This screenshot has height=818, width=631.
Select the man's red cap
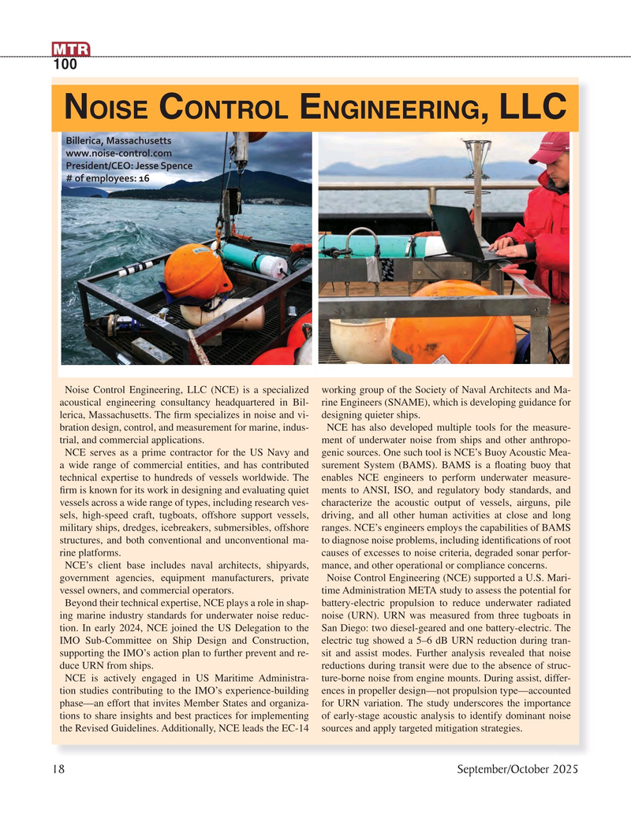(551, 146)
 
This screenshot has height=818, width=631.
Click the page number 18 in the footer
(58, 769)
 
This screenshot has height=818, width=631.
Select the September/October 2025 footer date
(517, 769)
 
